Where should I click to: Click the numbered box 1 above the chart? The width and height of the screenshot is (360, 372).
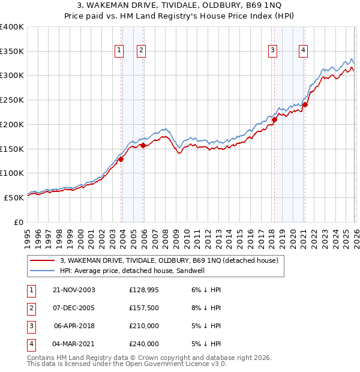pyautogui.click(x=119, y=50)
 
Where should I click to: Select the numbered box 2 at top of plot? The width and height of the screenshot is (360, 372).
pyautogui.click(x=141, y=50)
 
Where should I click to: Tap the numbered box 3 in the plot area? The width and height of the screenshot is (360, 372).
pyautogui.click(x=272, y=50)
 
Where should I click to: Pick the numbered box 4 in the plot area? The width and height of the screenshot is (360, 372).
pyautogui.click(x=304, y=50)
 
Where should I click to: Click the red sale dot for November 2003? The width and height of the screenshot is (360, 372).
pyautogui.click(x=121, y=159)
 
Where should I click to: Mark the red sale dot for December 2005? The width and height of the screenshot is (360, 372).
pyautogui.click(x=143, y=145)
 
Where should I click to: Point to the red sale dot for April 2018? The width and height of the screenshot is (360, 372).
pyautogui.click(x=274, y=119)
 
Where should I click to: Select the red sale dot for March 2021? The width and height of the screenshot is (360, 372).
pyautogui.click(x=305, y=104)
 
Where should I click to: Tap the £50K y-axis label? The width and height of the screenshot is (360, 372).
pyautogui.click(x=14, y=197)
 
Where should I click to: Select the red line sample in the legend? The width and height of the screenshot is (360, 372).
pyautogui.click(x=43, y=261)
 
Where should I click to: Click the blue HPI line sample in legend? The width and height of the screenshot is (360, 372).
pyautogui.click(x=43, y=271)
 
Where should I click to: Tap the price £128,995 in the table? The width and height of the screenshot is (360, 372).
pyautogui.click(x=144, y=290)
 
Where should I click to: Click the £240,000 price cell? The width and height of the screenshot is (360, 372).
pyautogui.click(x=144, y=344)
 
